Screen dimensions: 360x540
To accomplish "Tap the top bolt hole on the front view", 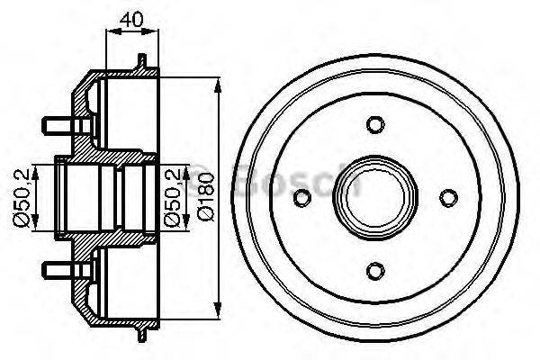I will click(376, 125).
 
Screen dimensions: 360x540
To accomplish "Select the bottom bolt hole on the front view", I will click(376, 267).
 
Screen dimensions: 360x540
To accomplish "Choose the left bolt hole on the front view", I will click(305, 196).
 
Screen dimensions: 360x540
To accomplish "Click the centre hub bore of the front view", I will click(376, 196).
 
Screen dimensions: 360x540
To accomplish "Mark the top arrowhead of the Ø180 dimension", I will click(219, 83).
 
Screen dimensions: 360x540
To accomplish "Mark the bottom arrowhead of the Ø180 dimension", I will click(219, 311).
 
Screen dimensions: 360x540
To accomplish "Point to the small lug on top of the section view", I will click(141, 63).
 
